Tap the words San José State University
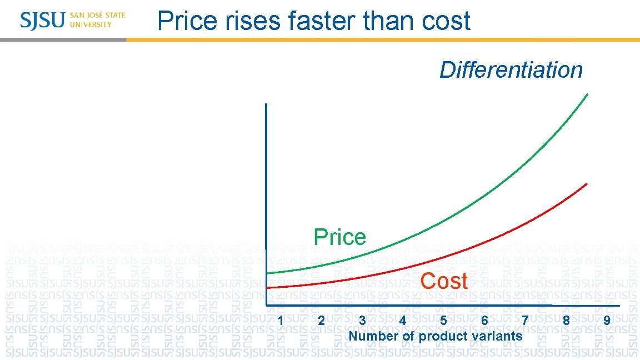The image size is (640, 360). pyautogui.click(x=98, y=20)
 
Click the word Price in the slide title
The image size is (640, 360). pyautogui.click(x=187, y=21)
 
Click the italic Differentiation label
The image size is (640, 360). pyautogui.click(x=511, y=71)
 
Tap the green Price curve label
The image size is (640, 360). pyautogui.click(x=339, y=237)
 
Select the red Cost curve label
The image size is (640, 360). pyautogui.click(x=444, y=281)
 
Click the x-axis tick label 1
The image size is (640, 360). pyautogui.click(x=281, y=321)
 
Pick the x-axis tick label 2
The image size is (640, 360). pyautogui.click(x=321, y=321)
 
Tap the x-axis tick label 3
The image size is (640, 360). pyautogui.click(x=362, y=321)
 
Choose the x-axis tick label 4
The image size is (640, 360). pyautogui.click(x=403, y=321)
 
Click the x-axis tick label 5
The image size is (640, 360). pyautogui.click(x=443, y=321)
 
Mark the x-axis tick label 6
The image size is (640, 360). pyautogui.click(x=484, y=321)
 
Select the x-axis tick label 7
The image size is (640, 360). pyautogui.click(x=525, y=321)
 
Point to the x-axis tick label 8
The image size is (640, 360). pyautogui.click(x=566, y=321)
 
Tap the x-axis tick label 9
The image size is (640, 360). pyautogui.click(x=607, y=321)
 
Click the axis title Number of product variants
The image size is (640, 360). pyautogui.click(x=436, y=336)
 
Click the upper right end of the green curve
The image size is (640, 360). pyautogui.click(x=587, y=95)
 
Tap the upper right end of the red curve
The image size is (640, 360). pyautogui.click(x=587, y=183)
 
